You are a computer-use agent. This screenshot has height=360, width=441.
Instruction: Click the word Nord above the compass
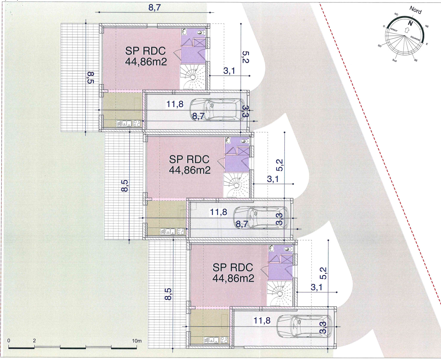(415, 10)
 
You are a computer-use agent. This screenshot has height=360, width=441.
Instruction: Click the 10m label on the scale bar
(137, 341)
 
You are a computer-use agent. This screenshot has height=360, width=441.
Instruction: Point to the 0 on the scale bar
(9, 340)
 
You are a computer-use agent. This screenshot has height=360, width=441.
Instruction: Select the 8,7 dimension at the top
(155, 7)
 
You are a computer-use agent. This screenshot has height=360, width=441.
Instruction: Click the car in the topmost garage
(217, 110)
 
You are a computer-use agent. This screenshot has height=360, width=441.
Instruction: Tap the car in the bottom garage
(304, 326)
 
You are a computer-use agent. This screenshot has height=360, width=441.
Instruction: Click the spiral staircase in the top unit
(193, 77)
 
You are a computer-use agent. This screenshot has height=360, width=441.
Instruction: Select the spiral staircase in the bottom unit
(280, 294)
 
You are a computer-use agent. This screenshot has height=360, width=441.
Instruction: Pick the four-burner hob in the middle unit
(181, 232)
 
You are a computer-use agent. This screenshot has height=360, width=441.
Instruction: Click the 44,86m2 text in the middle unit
(190, 170)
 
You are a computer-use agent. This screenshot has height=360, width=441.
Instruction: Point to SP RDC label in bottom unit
(233, 268)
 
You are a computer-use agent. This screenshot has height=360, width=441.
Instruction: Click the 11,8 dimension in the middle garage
(218, 212)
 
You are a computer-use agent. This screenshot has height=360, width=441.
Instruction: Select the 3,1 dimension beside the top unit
(229, 71)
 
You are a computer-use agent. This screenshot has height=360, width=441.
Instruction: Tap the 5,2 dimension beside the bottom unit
(323, 273)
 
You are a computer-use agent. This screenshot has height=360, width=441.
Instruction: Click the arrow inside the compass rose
(407, 30)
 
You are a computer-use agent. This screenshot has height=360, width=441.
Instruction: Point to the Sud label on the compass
(394, 61)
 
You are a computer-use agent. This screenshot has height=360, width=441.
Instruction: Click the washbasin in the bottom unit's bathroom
(271, 249)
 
